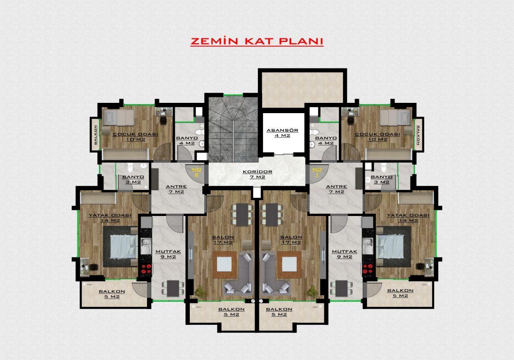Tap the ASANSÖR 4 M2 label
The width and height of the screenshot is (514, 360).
(282, 133)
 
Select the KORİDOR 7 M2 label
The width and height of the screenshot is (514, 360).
(257, 174)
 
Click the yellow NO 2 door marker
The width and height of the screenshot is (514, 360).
(197, 172)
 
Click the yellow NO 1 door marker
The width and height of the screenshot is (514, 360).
(317, 172)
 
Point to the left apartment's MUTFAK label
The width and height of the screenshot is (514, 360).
(168, 254)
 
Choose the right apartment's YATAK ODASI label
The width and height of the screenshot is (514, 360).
(408, 218)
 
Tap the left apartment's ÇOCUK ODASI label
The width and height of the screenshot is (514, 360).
(136, 137)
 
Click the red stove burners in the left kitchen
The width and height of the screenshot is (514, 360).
(146, 269)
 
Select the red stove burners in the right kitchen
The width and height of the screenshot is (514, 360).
(368, 269)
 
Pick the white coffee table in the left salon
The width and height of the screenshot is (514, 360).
(224, 264)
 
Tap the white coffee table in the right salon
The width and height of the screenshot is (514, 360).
(290, 264)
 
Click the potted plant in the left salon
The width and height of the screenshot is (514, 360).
(200, 291)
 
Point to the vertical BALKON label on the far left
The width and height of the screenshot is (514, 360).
(96, 135)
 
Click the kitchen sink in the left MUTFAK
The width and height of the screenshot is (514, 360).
(146, 246)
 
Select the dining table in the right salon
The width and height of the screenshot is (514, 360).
(272, 215)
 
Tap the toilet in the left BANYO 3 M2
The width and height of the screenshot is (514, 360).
(130, 168)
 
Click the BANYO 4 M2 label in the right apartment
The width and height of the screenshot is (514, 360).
(326, 141)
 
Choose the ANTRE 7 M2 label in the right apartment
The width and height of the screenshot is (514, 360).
(336, 189)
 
